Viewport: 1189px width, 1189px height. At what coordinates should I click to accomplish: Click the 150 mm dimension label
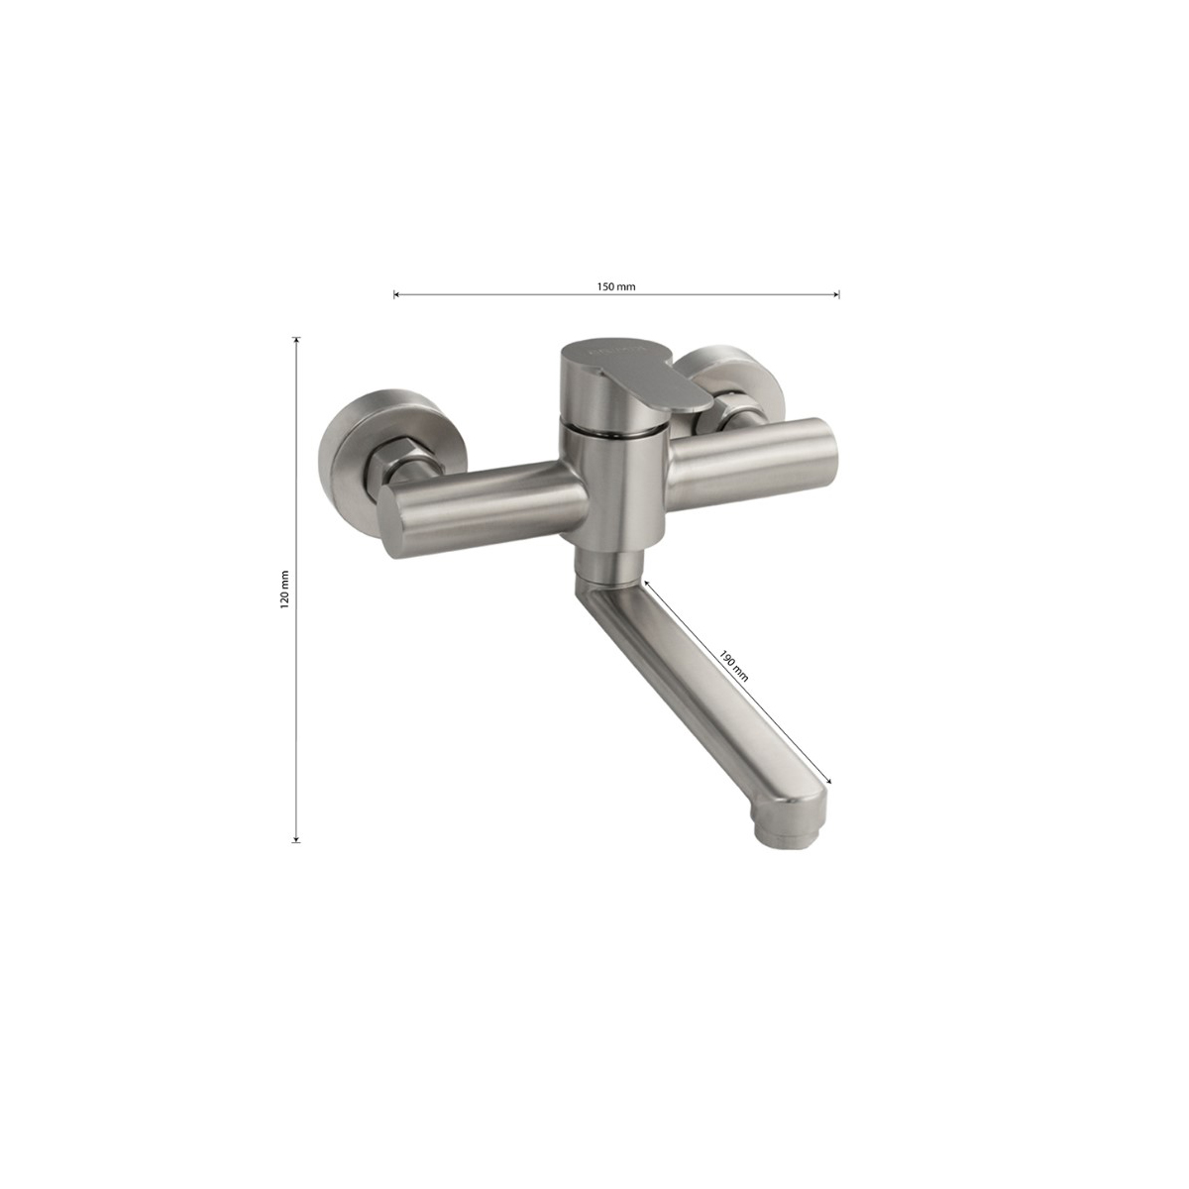(x=615, y=286)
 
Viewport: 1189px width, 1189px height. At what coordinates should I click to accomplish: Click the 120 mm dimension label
(x=284, y=590)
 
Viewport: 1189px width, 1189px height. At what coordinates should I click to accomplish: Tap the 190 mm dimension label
(x=734, y=665)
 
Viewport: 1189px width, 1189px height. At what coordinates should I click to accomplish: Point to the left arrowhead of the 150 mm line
(x=396, y=295)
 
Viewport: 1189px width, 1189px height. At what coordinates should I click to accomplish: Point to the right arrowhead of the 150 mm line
(x=836, y=295)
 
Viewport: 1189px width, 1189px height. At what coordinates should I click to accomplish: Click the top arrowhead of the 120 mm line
(x=297, y=341)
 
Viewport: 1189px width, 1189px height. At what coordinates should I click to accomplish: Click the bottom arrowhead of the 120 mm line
(x=297, y=838)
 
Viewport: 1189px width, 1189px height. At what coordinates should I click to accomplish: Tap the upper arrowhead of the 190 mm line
(x=646, y=583)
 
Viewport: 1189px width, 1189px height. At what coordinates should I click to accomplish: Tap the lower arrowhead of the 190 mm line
(x=828, y=780)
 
